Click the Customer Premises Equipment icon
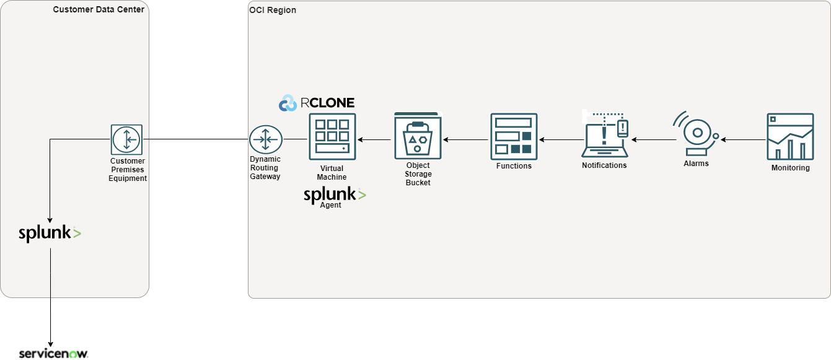click(x=126, y=139)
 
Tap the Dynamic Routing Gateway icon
click(x=265, y=139)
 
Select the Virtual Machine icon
click(x=332, y=136)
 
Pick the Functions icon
click(x=514, y=136)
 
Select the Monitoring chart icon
click(x=790, y=137)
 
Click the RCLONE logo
click(x=317, y=103)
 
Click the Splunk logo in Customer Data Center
click(x=50, y=233)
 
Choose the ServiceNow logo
click(x=53, y=353)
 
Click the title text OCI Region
click(x=273, y=11)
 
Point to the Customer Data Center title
click(x=99, y=9)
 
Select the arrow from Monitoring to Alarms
click(x=742, y=140)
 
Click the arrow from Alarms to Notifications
click(x=653, y=140)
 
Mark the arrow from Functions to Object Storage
click(x=465, y=140)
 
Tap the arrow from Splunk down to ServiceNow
click(x=50, y=297)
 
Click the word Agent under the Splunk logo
click(x=330, y=205)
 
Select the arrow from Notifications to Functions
click(x=560, y=140)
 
